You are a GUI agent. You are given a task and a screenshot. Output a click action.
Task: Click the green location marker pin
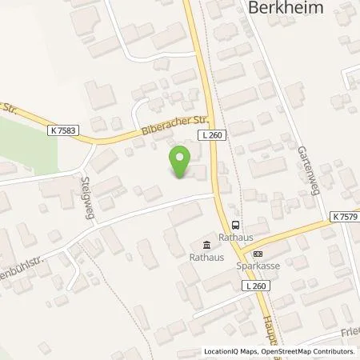[180, 163]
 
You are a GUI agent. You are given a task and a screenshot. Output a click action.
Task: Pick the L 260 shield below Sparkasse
[255, 286]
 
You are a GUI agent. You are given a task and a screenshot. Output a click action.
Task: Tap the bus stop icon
[235, 225]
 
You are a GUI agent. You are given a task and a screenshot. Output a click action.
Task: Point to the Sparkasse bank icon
[246, 254]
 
